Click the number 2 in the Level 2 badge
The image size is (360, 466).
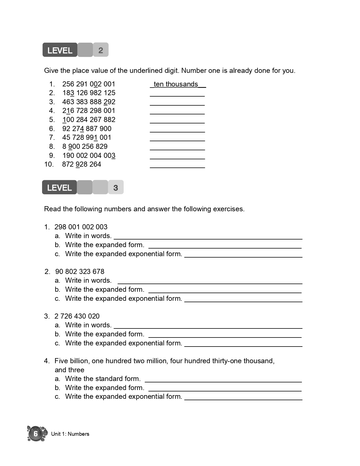click(101, 50)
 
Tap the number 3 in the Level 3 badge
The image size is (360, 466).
click(115, 188)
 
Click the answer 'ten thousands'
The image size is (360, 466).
click(176, 84)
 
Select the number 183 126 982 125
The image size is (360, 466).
click(89, 93)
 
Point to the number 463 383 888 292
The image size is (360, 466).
click(89, 102)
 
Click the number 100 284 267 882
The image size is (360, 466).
click(89, 120)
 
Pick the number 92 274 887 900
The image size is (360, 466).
click(87, 129)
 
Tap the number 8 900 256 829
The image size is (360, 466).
click(85, 147)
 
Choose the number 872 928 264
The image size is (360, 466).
click(81, 164)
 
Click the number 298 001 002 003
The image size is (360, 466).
click(81, 227)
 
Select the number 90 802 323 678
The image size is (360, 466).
click(80, 272)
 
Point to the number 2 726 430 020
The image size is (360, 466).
click(77, 316)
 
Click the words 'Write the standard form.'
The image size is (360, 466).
click(103, 379)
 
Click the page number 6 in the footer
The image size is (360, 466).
click(36, 434)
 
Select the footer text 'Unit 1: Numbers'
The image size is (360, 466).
click(70, 434)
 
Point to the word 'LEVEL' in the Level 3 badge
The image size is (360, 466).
click(60, 188)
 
